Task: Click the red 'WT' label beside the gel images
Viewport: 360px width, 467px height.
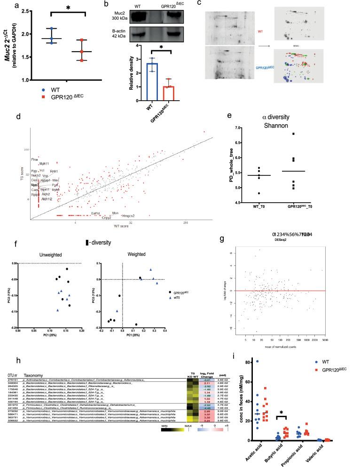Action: pyautogui.click(x=260, y=32)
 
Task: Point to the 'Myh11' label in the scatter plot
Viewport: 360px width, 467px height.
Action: pyautogui.click(x=44, y=163)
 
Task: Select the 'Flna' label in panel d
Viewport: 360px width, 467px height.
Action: pyautogui.click(x=34, y=160)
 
